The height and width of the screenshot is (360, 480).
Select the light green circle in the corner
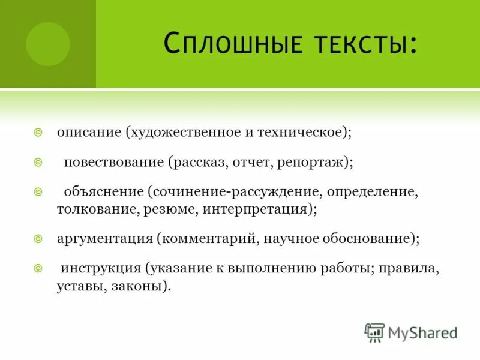48,44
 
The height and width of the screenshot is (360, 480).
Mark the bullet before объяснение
38,193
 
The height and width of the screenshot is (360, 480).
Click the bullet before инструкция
38,268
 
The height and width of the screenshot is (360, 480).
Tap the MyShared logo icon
374,332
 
